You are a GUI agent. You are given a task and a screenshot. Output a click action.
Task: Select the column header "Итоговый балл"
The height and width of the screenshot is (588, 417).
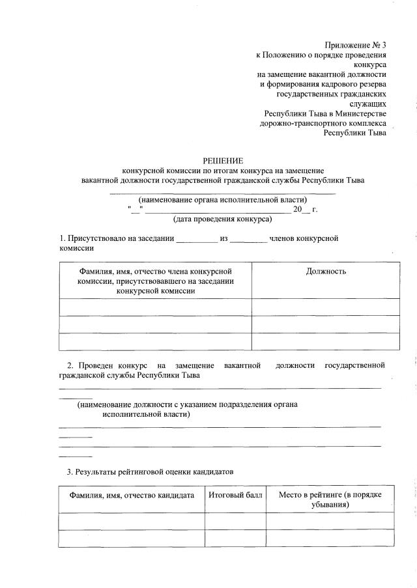coord(235,496)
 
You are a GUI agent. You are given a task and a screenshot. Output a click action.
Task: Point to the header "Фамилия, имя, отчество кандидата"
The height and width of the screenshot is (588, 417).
coord(132,496)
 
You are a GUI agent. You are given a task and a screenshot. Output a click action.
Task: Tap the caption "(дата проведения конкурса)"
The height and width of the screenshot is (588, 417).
coord(222,219)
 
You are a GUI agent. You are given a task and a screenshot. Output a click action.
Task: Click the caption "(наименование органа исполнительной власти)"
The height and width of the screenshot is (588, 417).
coord(222,199)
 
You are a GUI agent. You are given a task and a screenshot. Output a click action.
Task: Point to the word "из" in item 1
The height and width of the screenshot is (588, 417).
coord(223,238)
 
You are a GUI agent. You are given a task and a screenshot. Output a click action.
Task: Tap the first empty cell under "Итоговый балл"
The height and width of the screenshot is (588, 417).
coord(235,521)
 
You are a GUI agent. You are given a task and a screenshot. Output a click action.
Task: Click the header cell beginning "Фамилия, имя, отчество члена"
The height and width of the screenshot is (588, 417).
coord(156,281)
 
